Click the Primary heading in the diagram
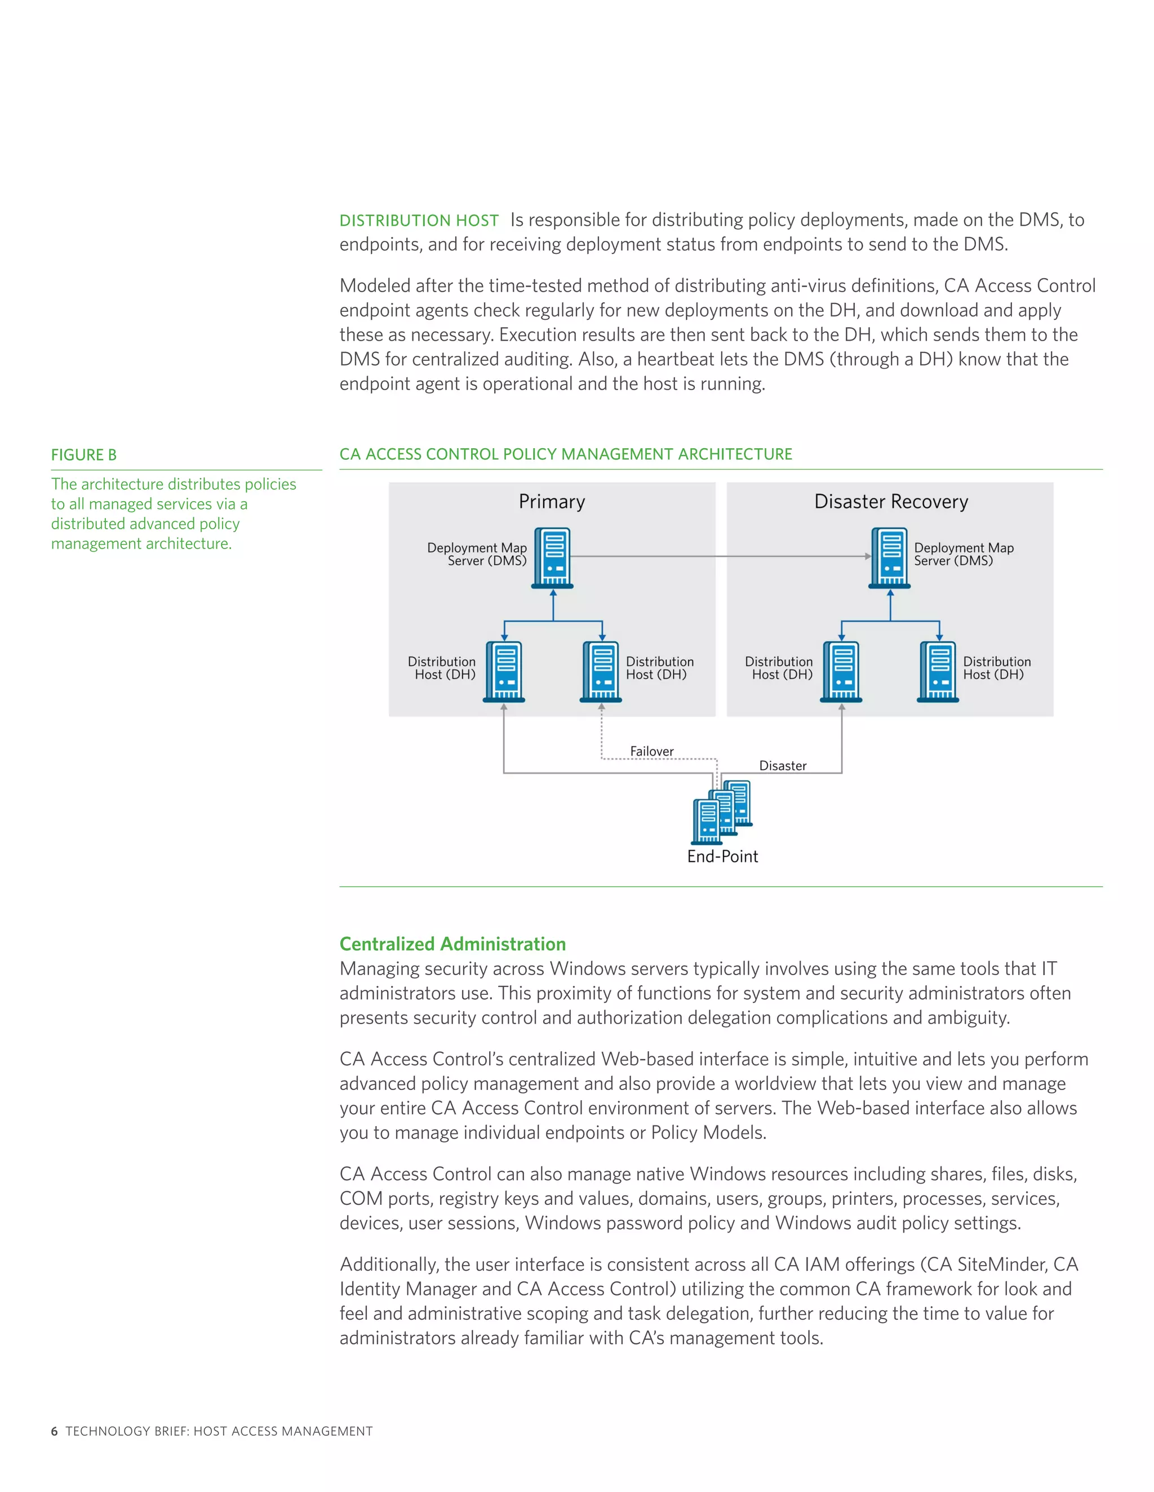[x=552, y=502]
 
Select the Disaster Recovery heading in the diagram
[x=891, y=502]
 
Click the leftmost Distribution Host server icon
[x=504, y=672]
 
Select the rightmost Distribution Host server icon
[x=939, y=672]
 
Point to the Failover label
[x=651, y=752]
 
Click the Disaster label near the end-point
[x=783, y=766]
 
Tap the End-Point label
[x=722, y=857]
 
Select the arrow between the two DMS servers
[x=718, y=556]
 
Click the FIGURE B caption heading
[x=83, y=455]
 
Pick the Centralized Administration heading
[x=452, y=944]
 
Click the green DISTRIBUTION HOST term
[x=419, y=221]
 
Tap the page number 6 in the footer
[x=54, y=1431]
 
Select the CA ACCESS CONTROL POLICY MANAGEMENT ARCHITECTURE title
[x=565, y=454]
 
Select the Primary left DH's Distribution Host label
[x=442, y=668]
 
